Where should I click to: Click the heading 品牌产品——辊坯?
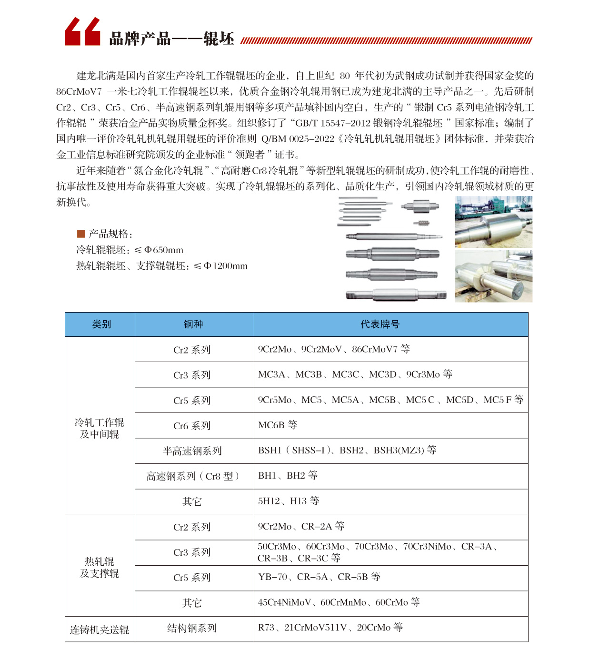[x=171, y=39]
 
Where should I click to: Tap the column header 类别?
[x=101, y=324]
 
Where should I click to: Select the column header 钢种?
[x=193, y=324]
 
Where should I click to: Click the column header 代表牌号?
[x=379, y=324]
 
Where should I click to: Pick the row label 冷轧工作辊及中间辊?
[x=100, y=428]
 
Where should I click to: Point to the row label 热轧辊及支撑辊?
[x=100, y=567]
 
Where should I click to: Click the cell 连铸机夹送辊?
[x=100, y=629]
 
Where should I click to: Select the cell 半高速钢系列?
[x=192, y=451]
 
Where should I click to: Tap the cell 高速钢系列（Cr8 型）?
[x=192, y=476]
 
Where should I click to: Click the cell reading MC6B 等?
[x=278, y=425]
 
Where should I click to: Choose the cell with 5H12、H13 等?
[x=289, y=501]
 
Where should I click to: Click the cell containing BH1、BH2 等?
[x=288, y=475]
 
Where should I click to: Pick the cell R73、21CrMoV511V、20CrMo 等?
[x=330, y=628]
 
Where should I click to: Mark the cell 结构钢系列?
[x=192, y=628]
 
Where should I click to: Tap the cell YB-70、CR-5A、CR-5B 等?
[x=319, y=577]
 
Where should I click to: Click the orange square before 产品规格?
[x=81, y=234]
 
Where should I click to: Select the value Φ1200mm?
[x=226, y=266]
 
